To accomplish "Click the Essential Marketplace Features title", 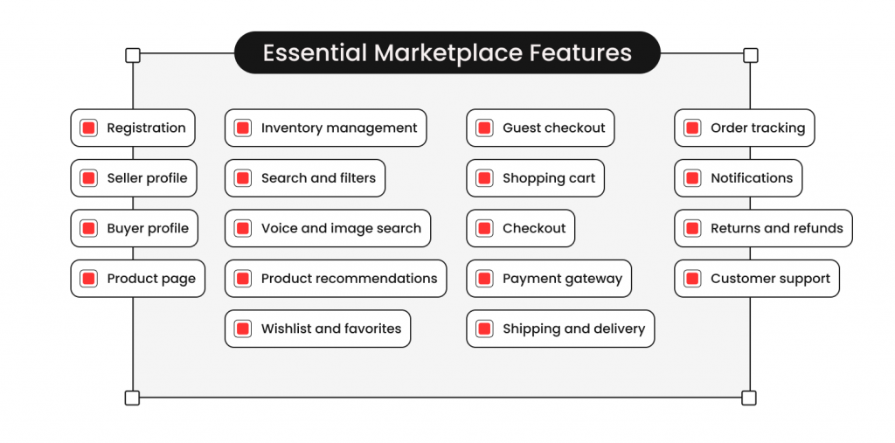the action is coord(447,52).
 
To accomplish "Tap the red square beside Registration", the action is coord(88,128).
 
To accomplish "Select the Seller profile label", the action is coord(147,178).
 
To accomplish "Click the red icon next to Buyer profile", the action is coord(88,228).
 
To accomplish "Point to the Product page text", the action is coord(151,279).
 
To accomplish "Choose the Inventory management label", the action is coord(339,128).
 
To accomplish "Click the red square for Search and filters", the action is coord(243,178).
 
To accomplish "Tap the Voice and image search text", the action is coord(342,229).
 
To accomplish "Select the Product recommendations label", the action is coord(350,279).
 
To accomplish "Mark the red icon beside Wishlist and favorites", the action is coord(243,329).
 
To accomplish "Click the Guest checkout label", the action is coord(553,128).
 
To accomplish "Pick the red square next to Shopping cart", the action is coord(484,178).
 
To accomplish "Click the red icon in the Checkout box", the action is coord(484,228).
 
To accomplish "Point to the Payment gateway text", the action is coord(562,279).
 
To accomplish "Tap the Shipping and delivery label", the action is coord(573,329).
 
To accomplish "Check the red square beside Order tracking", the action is coord(692,128).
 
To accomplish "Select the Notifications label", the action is coord(752,178).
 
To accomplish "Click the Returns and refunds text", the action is coord(777,228).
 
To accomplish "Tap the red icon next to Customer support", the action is coord(692,279).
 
